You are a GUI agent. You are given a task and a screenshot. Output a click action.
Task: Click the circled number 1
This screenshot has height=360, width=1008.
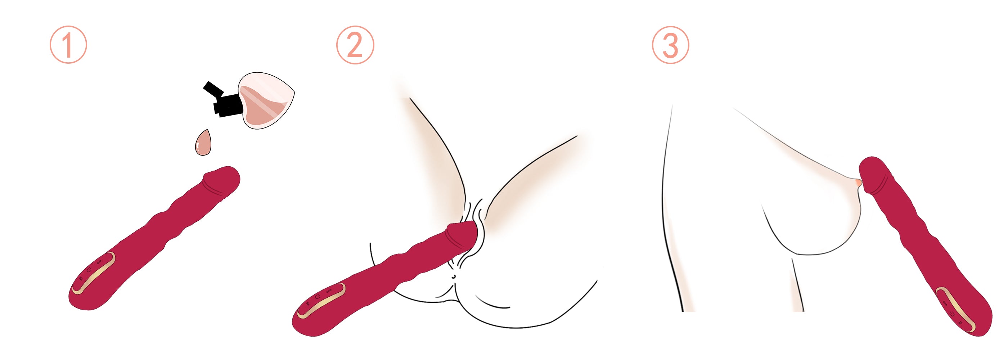pos(68,45)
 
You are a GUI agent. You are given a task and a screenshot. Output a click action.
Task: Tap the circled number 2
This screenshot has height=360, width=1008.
pos(355,45)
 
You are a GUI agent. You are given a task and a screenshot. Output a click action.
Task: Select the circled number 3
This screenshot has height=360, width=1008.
pos(670,45)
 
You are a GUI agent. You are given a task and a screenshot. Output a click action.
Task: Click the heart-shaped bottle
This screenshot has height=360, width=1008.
pos(266,100)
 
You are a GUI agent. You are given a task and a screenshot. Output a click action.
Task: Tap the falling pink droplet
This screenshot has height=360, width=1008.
pos(203,143)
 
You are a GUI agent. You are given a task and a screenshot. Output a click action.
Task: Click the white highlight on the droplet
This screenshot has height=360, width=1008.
pos(198,148)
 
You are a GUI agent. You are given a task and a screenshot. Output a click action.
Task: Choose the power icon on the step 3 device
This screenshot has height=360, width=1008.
pos(951,314)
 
